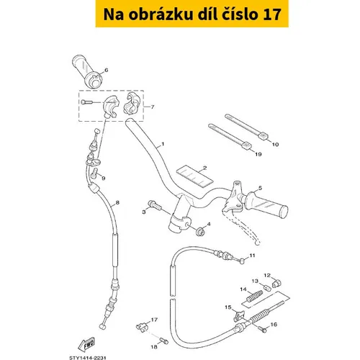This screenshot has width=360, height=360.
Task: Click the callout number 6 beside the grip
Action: coord(106,70)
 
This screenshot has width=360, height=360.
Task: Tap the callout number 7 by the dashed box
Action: coord(153,107)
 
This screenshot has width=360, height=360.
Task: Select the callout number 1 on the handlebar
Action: coord(163,144)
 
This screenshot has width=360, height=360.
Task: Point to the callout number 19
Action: coord(258,154)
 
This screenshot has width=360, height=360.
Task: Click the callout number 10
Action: coord(275,144)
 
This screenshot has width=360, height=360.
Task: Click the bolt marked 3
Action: coord(156,205)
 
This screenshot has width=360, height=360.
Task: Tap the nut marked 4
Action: coord(200,232)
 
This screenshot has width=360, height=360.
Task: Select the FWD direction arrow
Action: coord(86,345)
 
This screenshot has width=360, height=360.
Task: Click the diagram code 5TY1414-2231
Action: coord(88,358)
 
